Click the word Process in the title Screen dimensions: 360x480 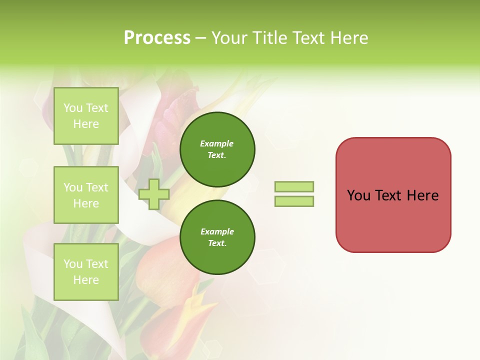click(157, 38)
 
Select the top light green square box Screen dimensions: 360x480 click(86, 116)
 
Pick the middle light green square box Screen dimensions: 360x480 click(86, 195)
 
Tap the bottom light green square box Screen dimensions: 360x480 click(86, 272)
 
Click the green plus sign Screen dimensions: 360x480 click(154, 194)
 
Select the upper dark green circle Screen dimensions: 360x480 click(217, 149)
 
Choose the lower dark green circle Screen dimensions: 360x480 click(217, 237)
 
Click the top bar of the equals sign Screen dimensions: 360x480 click(294, 186)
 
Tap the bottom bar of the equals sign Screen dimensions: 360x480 click(294, 201)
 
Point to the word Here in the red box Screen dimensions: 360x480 click(422, 195)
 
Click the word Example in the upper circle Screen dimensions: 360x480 click(217, 143)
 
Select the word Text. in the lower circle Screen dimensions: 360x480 click(217, 243)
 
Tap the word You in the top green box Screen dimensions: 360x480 click(73, 108)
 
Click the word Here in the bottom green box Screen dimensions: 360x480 click(86, 280)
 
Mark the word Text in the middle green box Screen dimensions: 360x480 click(96, 187)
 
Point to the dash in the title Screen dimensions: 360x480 click(200, 38)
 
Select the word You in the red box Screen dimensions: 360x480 click(358, 195)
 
